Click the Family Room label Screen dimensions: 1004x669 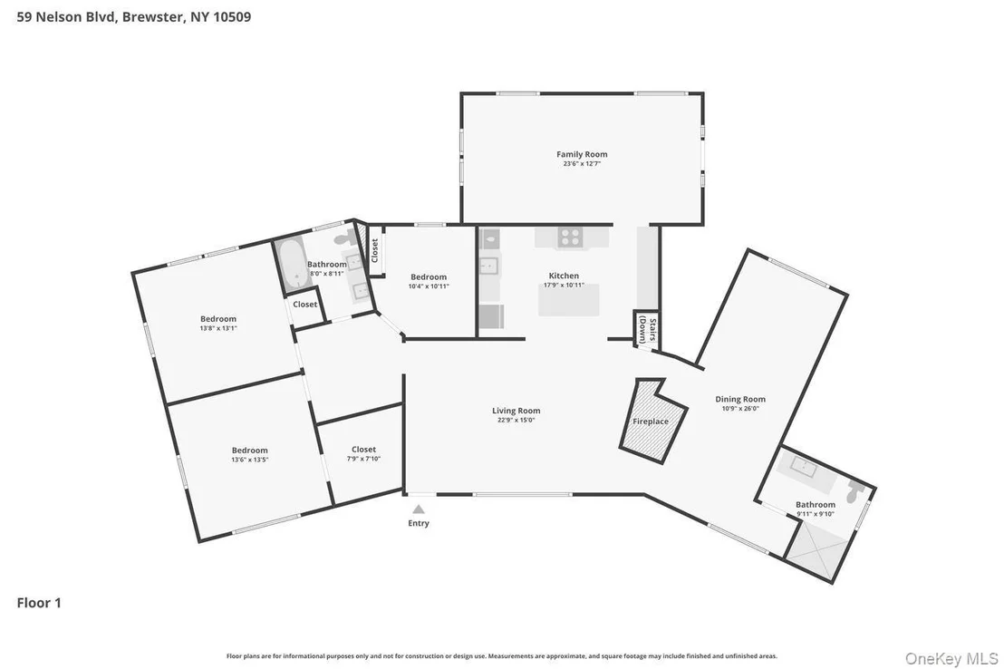[x=582, y=154]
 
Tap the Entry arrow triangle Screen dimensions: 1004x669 [x=418, y=509]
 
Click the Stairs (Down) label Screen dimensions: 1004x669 [x=647, y=331]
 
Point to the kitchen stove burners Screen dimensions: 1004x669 [x=569, y=238]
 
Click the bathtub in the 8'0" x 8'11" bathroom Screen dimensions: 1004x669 [x=292, y=264]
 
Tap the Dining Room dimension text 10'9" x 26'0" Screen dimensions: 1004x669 [x=740, y=408]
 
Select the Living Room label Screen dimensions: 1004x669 [x=516, y=411]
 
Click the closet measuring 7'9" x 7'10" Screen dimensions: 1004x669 [x=360, y=453]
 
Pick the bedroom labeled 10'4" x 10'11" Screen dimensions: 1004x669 [x=428, y=282]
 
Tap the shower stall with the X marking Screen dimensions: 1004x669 [x=817, y=550]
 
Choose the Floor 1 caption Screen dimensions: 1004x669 [x=39, y=602]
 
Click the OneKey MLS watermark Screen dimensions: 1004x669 [x=951, y=658]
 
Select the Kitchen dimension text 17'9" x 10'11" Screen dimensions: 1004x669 [x=564, y=286]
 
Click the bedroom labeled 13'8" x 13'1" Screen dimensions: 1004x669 [x=217, y=324]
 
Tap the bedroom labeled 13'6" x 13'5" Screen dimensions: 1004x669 [x=249, y=454]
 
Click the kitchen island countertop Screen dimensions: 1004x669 [x=568, y=300]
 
